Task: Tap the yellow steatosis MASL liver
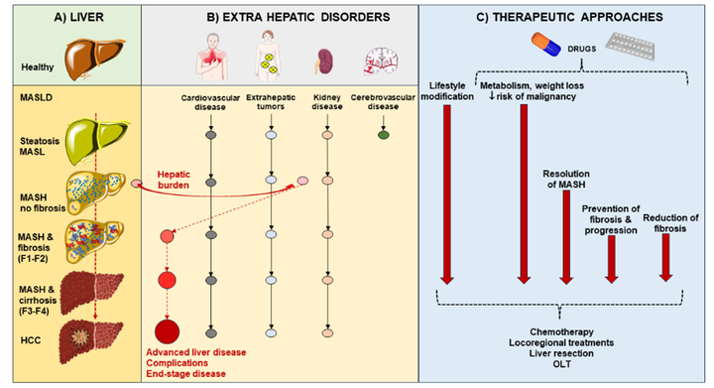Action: tap(97, 142)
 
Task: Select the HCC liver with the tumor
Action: tap(90, 341)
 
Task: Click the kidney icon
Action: tap(324, 62)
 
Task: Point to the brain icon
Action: tap(382, 62)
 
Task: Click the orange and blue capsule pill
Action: tap(546, 45)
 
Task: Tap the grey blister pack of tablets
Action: tap(630, 46)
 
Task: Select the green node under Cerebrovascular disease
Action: tap(384, 135)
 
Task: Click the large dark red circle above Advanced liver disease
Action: tap(168, 331)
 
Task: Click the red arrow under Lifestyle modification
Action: tap(447, 194)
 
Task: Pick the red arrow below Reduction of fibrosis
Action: tap(665, 258)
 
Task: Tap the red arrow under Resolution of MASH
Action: tap(566, 237)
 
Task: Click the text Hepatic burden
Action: tap(174, 180)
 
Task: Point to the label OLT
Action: tap(562, 364)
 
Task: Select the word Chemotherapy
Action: tap(561, 332)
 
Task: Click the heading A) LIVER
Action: tap(78, 17)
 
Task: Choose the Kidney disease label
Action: tap(327, 102)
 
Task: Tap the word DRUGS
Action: tap(581, 49)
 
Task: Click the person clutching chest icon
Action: tap(212, 56)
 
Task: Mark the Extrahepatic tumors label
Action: tap(271, 102)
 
